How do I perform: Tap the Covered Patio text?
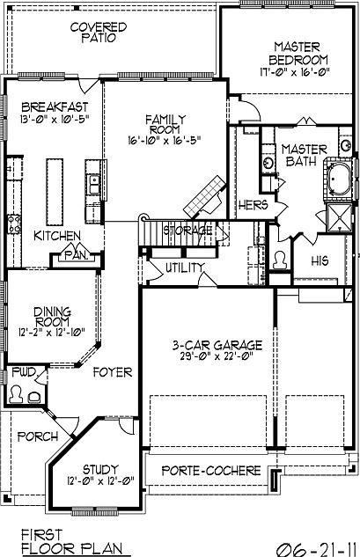pos(98,33)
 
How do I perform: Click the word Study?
pos(101,469)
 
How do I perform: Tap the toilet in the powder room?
pos(18,394)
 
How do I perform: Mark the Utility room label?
pos(184,268)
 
